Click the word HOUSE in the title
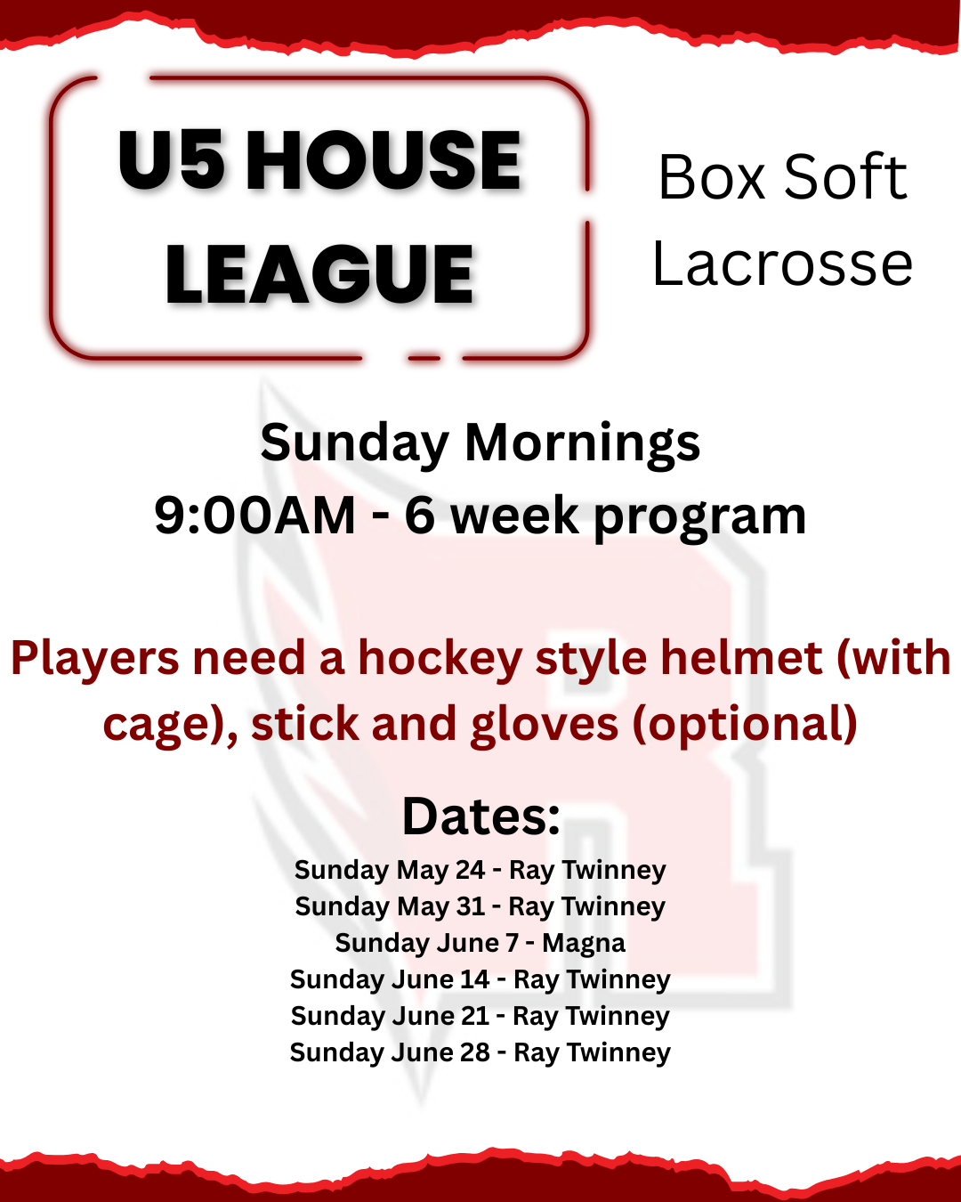(383, 160)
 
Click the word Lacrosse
(782, 264)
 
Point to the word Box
(711, 177)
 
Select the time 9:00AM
(254, 515)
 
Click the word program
(699, 519)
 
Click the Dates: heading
(480, 816)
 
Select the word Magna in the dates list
(584, 944)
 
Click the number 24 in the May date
(470, 870)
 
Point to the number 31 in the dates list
(470, 906)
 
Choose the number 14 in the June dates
(475, 979)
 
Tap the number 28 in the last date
(474, 1053)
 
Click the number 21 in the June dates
(474, 1016)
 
